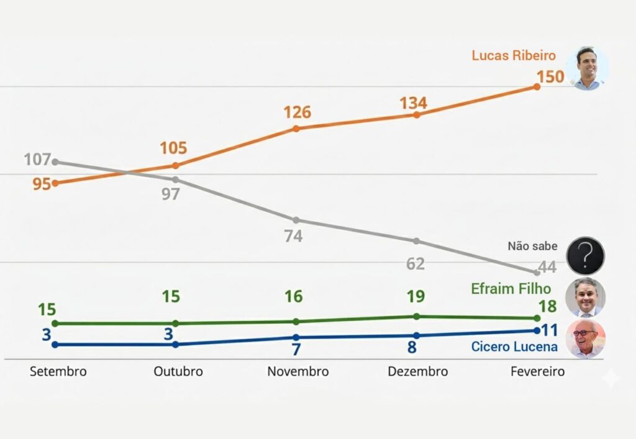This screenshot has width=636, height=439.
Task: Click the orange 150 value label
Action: point(550,77)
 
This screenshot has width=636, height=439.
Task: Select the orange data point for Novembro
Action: point(296,129)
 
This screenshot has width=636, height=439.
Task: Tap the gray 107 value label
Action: point(37,160)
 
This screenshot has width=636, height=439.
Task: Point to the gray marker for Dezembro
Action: point(416,241)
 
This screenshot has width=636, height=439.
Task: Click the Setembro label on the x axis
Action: point(58,371)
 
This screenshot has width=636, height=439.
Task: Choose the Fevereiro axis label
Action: point(538,371)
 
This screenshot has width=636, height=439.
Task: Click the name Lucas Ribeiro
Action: point(514,55)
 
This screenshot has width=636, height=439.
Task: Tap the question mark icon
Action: point(585,256)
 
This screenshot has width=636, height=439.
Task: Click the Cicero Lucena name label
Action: point(514,346)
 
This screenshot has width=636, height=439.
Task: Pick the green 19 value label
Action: point(416,297)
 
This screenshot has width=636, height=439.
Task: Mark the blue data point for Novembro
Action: point(296,337)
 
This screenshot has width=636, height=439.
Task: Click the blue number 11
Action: point(549,330)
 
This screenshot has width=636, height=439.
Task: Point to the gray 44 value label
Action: point(547,268)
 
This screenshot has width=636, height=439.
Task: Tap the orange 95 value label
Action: point(42,184)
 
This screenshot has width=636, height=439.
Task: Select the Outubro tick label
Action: point(178,371)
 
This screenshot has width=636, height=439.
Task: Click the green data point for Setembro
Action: point(55,324)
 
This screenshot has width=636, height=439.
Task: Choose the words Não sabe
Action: point(532,246)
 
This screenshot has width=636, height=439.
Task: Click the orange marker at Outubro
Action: point(176,165)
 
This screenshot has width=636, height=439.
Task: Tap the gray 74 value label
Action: point(293,237)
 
